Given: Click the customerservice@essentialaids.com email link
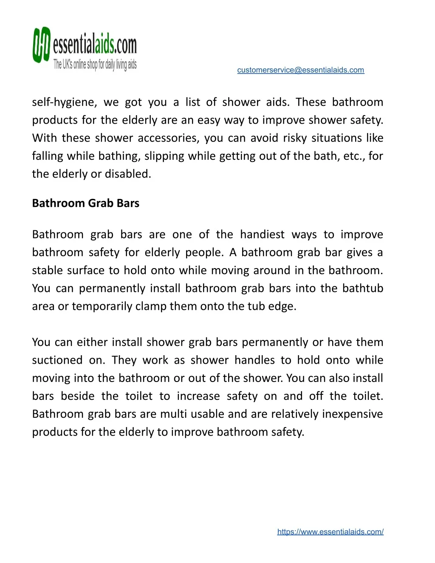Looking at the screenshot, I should click(x=300, y=70).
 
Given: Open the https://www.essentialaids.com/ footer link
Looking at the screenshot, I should click(x=330, y=532).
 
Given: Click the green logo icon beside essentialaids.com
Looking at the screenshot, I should click(x=42, y=45).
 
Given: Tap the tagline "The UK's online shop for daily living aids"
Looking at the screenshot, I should click(x=95, y=65).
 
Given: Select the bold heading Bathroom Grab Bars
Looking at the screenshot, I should click(x=86, y=203).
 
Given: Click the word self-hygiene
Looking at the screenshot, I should click(x=64, y=102).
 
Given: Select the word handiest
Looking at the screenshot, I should click(x=262, y=235).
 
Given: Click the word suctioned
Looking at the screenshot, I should click(x=57, y=360).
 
